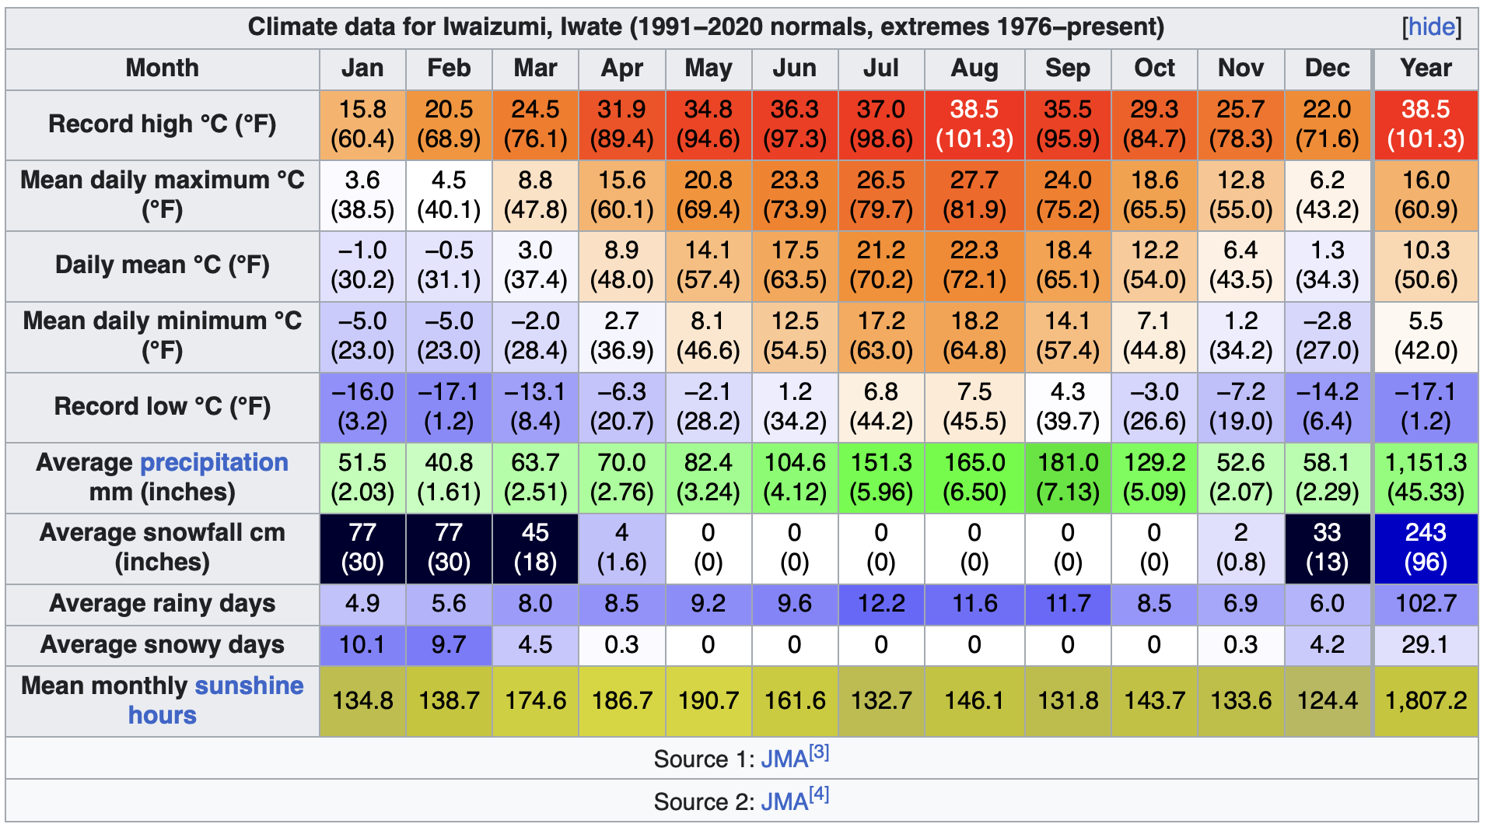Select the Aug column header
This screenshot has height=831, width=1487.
[974, 68]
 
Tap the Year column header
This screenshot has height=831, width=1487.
[1425, 68]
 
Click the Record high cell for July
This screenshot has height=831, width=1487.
[880, 124]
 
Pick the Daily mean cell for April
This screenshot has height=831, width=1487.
[621, 265]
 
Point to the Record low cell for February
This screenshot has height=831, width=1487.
[449, 407]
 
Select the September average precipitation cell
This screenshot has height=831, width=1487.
[1067, 477]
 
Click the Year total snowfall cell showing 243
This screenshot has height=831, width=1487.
[1425, 547]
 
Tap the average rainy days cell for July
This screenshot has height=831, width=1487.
[880, 604]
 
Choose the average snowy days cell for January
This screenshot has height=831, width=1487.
[362, 645]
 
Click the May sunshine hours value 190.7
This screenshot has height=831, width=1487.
[708, 701]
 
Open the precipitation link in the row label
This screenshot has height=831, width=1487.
[214, 462]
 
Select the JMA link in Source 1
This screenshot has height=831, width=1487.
[784, 759]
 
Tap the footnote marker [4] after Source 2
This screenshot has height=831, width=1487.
[819, 794]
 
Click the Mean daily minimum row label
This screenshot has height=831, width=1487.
[162, 335]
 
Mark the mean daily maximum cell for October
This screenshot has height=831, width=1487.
[1154, 195]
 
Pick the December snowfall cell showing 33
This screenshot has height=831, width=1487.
[1327, 547]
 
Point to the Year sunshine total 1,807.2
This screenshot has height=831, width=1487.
[1425, 701]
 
